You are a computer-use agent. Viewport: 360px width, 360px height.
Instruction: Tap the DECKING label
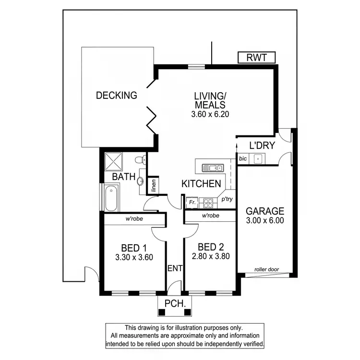(117, 96)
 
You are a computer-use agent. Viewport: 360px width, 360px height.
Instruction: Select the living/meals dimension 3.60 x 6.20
(210, 115)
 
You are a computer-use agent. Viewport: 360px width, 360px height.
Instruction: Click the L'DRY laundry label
(262, 145)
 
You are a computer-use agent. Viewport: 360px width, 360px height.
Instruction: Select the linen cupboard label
(154, 186)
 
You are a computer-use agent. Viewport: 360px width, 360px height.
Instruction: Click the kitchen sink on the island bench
(212, 168)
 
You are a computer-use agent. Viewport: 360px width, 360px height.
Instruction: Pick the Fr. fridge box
(192, 203)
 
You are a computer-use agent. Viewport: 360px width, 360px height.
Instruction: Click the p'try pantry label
(227, 198)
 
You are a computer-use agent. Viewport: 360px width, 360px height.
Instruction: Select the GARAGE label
(265, 211)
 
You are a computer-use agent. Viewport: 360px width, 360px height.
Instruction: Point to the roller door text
(266, 270)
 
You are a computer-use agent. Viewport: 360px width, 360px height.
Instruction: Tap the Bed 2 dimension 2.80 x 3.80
(210, 256)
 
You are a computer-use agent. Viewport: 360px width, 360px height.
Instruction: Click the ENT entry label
(175, 268)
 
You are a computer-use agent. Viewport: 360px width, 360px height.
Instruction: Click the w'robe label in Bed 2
(211, 216)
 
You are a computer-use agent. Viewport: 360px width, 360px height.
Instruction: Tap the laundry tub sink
(258, 158)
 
